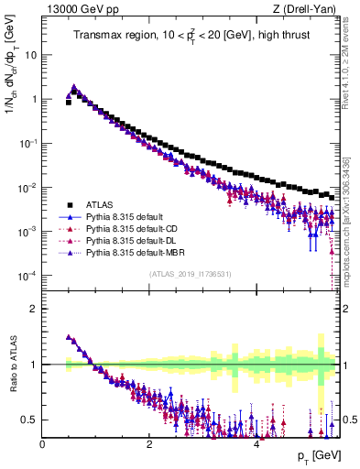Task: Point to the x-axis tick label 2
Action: [149, 444]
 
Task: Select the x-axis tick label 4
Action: [256, 444]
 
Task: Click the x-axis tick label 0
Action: [43, 444]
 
